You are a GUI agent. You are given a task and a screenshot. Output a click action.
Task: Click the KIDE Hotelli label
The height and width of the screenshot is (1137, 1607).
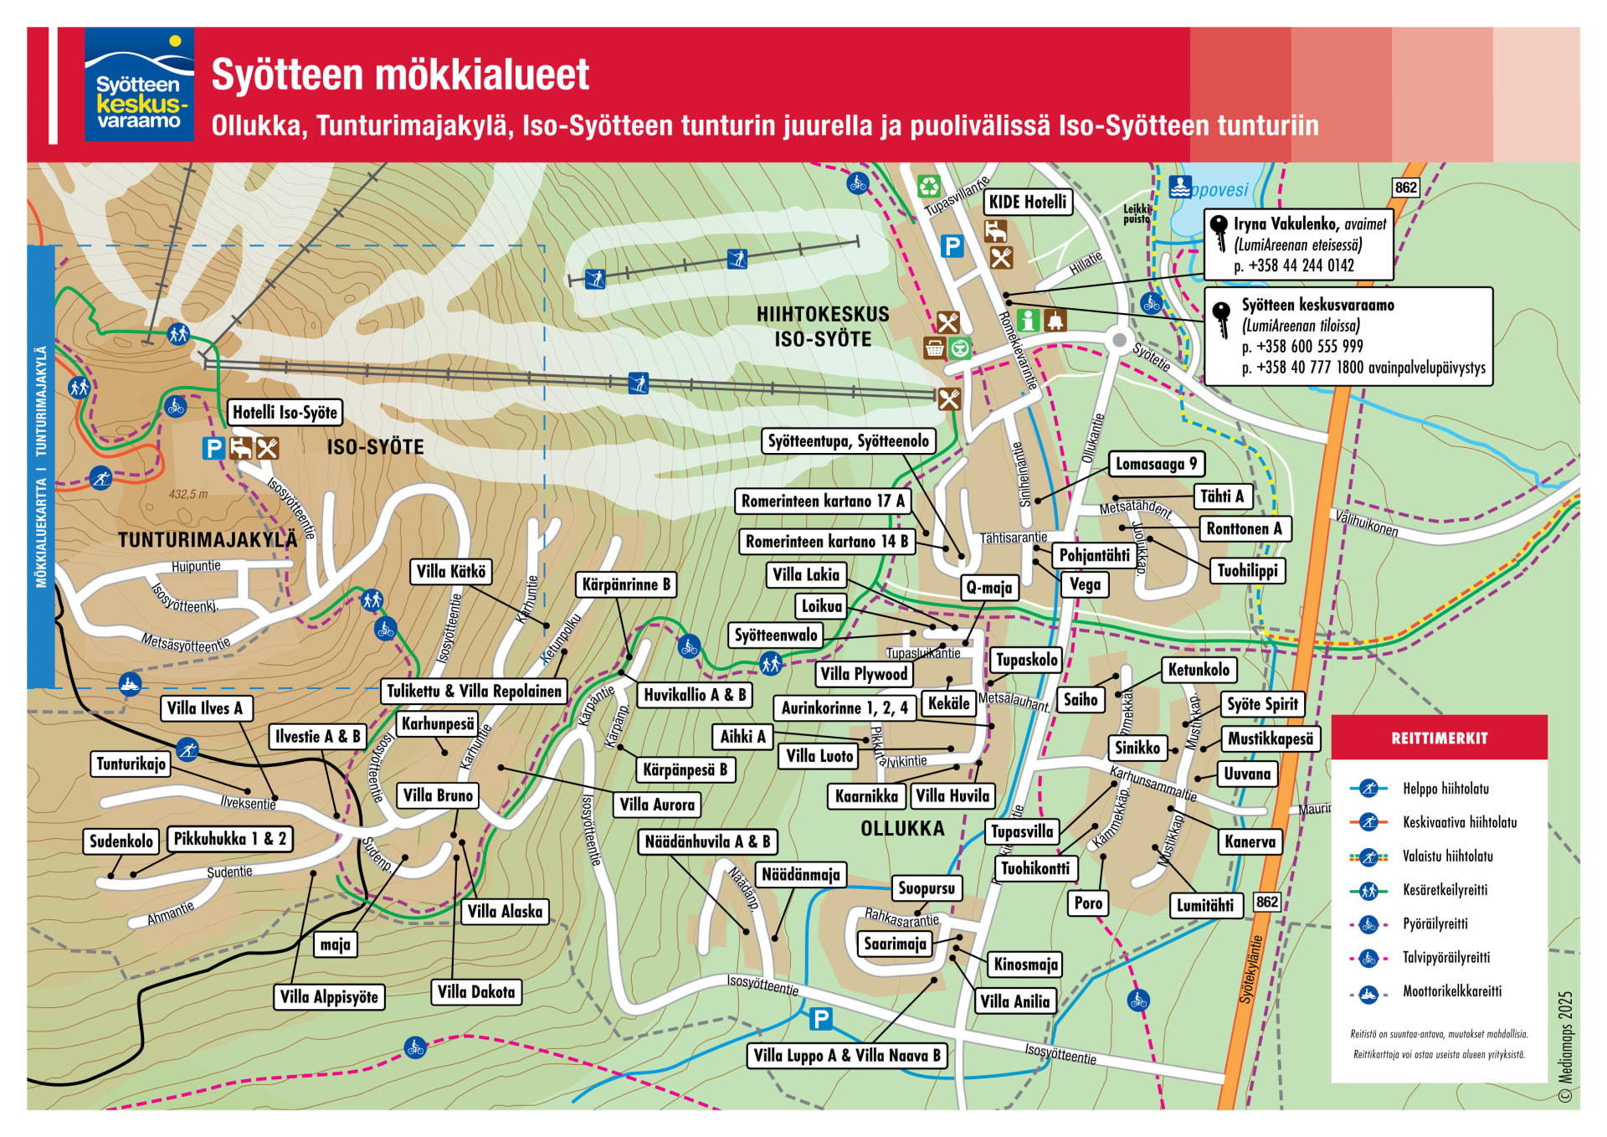tap(1027, 202)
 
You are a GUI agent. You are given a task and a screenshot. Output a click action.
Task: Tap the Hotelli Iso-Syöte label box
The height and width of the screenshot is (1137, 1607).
tap(285, 412)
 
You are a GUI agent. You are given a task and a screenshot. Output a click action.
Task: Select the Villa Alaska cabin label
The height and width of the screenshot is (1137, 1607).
tap(505, 912)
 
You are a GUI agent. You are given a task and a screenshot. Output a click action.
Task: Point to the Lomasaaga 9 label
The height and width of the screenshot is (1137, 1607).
tap(1156, 464)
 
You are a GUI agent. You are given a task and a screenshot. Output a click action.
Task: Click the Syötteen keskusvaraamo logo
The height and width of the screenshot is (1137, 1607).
tap(139, 85)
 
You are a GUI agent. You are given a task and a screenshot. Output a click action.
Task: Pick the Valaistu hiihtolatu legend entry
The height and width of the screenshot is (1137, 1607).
tap(1447, 857)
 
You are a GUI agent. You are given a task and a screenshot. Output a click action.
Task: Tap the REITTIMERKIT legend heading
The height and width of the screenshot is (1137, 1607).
tap(1439, 738)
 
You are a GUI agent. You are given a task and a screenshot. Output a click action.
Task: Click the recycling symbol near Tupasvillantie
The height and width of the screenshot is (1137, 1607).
tap(928, 186)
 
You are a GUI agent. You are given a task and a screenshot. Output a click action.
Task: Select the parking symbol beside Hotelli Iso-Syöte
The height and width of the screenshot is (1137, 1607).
tap(213, 449)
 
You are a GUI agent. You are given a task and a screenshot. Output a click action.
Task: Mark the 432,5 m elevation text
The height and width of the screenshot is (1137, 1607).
tap(188, 494)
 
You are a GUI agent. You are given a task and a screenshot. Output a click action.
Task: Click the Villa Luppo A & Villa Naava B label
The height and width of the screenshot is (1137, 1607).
tap(846, 1056)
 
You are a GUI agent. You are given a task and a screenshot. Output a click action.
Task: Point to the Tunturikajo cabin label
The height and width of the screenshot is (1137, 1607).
tap(131, 764)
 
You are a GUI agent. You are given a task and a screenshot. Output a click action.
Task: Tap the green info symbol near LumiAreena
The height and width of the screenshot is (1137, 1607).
tap(1029, 320)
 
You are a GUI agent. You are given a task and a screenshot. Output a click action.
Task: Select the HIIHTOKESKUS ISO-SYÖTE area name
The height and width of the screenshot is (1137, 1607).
tap(822, 327)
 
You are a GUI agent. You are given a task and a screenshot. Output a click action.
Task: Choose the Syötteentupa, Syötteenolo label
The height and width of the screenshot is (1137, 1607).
tap(848, 441)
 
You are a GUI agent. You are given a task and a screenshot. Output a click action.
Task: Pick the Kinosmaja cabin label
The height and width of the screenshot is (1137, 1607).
tap(1025, 965)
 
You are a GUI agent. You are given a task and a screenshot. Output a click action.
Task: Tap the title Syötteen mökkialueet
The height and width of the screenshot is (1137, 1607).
tap(400, 75)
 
